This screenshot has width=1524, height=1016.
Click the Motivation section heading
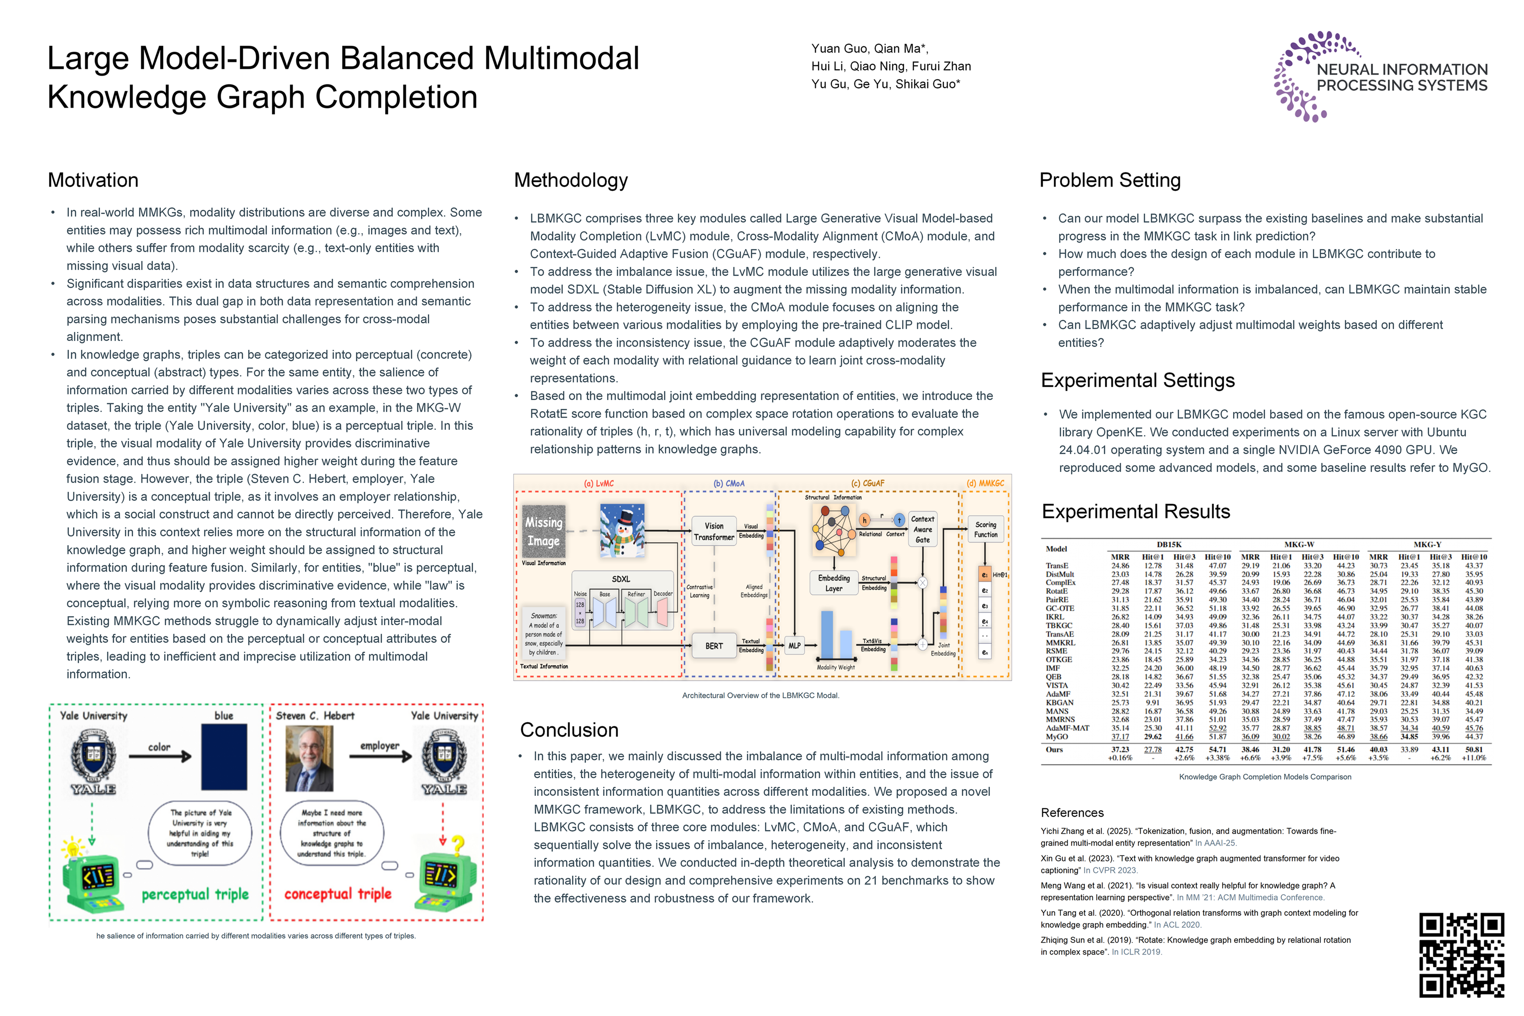point(93,180)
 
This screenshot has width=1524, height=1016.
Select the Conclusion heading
point(569,730)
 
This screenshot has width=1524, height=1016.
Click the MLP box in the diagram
point(794,646)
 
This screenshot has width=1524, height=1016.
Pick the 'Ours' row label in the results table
point(1054,750)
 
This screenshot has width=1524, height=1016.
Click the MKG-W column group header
point(1299,544)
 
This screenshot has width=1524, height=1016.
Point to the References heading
point(1072,812)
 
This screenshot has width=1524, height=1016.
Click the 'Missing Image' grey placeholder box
point(544,531)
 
